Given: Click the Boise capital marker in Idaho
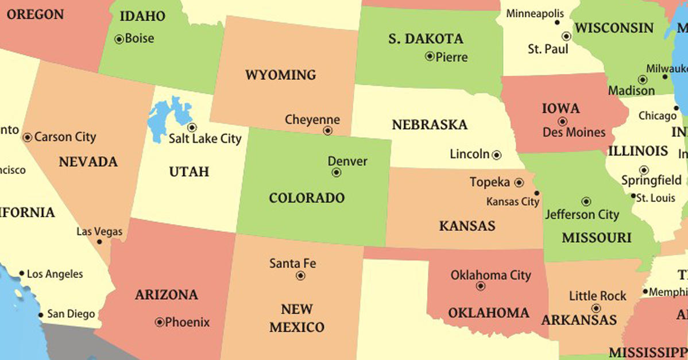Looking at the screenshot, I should click(119, 40).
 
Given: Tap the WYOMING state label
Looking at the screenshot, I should click(280, 75).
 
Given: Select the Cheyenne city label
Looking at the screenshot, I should click(312, 120).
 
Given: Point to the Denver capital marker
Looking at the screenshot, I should click(337, 173).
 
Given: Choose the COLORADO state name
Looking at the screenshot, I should click(307, 199).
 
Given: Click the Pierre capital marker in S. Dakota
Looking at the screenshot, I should click(429, 56).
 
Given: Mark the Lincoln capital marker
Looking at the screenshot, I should click(497, 155).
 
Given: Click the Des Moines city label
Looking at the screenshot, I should click(574, 133).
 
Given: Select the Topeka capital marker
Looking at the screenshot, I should click(519, 183).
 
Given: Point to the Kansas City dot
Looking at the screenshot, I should click(536, 193).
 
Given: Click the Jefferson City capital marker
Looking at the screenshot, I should click(586, 202).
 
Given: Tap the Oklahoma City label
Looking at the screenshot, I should click(490, 276).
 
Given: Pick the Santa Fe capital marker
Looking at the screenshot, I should click(300, 276).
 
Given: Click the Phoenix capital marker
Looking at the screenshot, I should click(159, 322).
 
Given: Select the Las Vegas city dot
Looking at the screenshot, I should click(99, 242).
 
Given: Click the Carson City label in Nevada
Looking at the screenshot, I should click(65, 137).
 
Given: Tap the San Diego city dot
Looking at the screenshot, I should click(40, 315).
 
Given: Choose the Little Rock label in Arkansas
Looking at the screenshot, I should click(597, 296).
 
